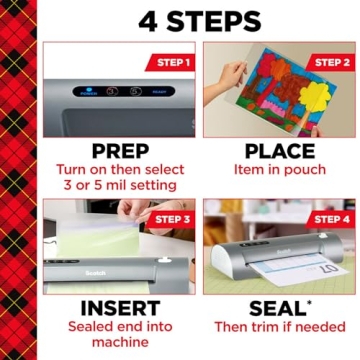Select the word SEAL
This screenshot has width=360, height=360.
tap(268, 307)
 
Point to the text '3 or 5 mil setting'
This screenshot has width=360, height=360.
tap(116, 186)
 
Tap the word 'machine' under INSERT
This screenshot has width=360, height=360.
tap(116, 344)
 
